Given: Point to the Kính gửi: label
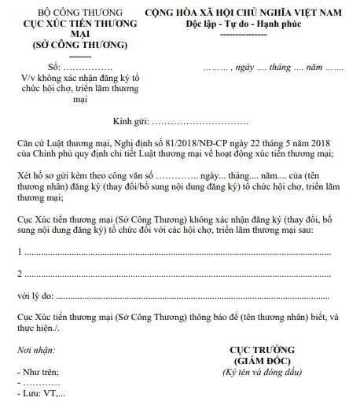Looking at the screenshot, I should point(130,123).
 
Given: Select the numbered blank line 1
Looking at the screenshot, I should point(173,253).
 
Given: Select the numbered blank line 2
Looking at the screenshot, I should point(173,274).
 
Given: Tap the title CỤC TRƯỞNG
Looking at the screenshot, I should point(262,348).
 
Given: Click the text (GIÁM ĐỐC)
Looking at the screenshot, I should point(262,359).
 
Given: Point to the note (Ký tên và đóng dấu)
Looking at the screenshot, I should point(262,370).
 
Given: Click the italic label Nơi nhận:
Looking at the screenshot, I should point(35,348).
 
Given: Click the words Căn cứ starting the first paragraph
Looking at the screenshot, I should point(32,142).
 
